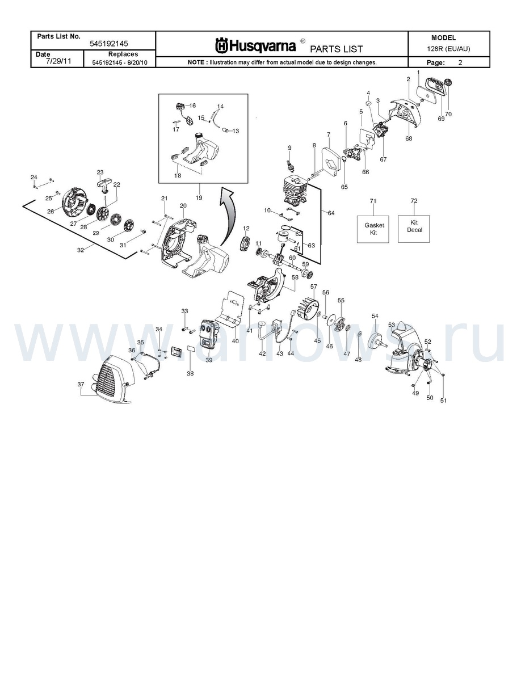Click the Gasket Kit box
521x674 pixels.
[373, 229]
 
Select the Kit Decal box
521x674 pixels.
[414, 229]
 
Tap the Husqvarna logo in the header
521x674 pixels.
[255, 45]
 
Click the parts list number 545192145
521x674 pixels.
[109, 44]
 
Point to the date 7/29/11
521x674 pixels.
[58, 61]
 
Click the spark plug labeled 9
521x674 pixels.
[290, 164]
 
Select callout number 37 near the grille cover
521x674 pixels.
[81, 384]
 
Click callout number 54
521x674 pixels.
[375, 316]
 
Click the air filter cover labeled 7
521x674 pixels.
[329, 160]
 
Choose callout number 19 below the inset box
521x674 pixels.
[199, 198]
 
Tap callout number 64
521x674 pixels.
[331, 213]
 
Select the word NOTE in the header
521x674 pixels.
[196, 62]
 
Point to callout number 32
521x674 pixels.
[81, 250]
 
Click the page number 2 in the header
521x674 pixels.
[460, 62]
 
